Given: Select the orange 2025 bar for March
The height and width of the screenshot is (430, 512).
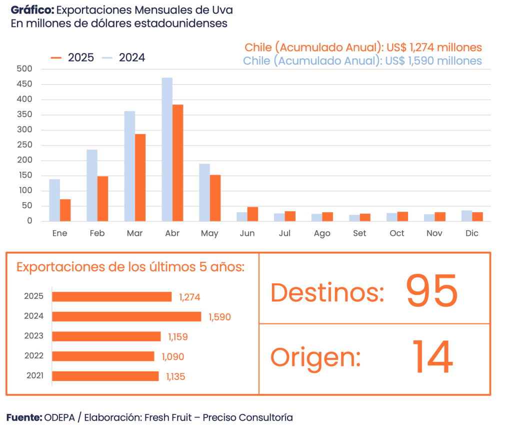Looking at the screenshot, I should (x=140, y=177).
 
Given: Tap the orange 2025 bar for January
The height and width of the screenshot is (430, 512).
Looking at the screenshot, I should (x=65, y=210).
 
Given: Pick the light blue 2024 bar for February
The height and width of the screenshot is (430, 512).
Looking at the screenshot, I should (x=92, y=185).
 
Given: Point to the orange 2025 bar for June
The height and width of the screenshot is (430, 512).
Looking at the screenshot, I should (x=253, y=214).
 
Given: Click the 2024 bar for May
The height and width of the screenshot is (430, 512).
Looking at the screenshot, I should (x=204, y=192).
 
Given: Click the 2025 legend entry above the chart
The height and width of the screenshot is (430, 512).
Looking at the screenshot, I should (x=73, y=58).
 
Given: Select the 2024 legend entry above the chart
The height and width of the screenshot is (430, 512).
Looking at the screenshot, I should (x=124, y=58).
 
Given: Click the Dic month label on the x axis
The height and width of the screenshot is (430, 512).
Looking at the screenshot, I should (x=471, y=233).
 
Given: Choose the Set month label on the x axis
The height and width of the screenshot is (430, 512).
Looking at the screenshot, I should (x=359, y=233).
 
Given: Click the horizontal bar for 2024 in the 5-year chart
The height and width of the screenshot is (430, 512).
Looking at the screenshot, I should (x=126, y=316).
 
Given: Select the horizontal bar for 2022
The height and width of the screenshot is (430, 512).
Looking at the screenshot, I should (x=103, y=356).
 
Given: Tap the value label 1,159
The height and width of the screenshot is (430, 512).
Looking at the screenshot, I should (x=177, y=337).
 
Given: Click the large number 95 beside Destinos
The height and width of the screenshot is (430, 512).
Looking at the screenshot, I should (x=431, y=290).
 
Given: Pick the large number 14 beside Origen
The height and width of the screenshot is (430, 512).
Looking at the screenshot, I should (x=432, y=356).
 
